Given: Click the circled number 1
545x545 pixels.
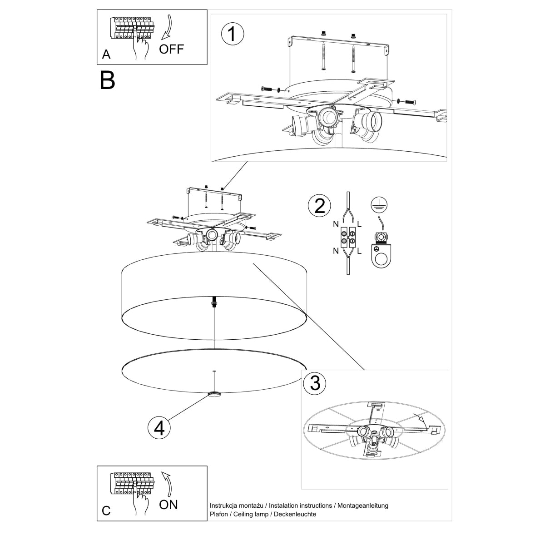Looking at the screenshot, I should (x=232, y=35).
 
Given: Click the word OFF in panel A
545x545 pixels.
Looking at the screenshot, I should (x=172, y=49).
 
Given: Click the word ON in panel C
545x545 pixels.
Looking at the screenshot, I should (x=168, y=504).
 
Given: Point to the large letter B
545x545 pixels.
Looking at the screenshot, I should (x=108, y=80).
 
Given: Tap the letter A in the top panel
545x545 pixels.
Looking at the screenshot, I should (x=106, y=54).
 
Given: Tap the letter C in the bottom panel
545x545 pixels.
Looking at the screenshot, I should (x=106, y=510).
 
